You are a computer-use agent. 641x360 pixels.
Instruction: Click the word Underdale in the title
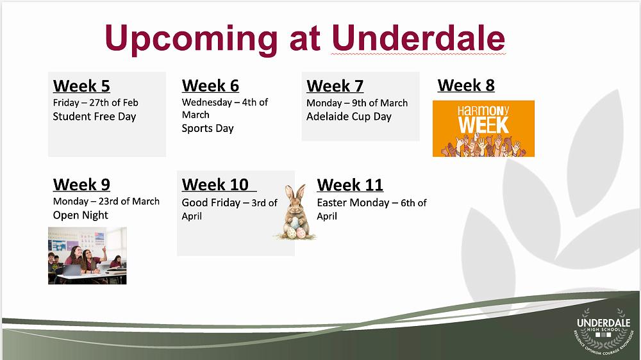point(418,38)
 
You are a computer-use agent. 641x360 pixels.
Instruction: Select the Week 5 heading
point(81,86)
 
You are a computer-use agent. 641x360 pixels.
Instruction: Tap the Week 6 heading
point(210,86)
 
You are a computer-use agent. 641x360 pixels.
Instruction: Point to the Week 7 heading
point(335,86)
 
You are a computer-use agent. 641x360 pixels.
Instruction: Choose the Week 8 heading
point(466,85)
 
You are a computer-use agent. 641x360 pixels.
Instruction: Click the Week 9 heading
point(81,184)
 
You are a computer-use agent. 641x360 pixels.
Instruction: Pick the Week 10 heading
point(215,184)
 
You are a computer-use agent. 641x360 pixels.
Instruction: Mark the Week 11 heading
point(350,184)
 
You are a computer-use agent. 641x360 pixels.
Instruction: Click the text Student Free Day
point(94,117)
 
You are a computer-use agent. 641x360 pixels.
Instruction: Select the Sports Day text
point(208,128)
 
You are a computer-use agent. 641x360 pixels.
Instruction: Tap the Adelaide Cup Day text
point(349,117)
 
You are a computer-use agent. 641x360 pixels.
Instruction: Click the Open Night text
point(81,215)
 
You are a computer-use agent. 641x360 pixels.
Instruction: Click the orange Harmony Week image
point(483,129)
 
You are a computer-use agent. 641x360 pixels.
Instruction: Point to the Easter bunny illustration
point(295,213)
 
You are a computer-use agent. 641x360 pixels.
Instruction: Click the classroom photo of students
point(87,256)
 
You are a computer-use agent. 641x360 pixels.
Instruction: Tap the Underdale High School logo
point(603,331)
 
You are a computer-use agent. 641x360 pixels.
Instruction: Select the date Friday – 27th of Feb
point(96,102)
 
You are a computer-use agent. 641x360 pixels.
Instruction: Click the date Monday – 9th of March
point(357,102)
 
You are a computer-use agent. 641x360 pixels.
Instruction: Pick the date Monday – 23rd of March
point(106,201)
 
